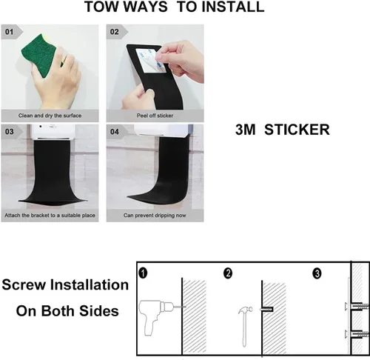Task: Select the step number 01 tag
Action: (x=9, y=32)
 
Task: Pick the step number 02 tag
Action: (x=114, y=32)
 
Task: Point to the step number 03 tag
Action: (x=10, y=132)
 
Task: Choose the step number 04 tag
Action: (x=115, y=132)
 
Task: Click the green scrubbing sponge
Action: (x=41, y=56)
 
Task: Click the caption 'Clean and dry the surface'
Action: (x=50, y=116)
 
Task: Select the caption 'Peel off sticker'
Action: (x=155, y=116)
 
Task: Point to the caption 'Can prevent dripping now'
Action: (x=155, y=216)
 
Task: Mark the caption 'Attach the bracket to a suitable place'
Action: (x=50, y=216)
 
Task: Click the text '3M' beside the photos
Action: (x=245, y=130)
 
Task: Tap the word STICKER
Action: (x=297, y=130)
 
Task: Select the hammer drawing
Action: (x=246, y=326)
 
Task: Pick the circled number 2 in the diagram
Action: (x=228, y=273)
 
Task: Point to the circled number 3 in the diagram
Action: (x=317, y=273)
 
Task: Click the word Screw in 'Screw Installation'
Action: (x=24, y=284)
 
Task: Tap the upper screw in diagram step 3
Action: (x=357, y=307)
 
